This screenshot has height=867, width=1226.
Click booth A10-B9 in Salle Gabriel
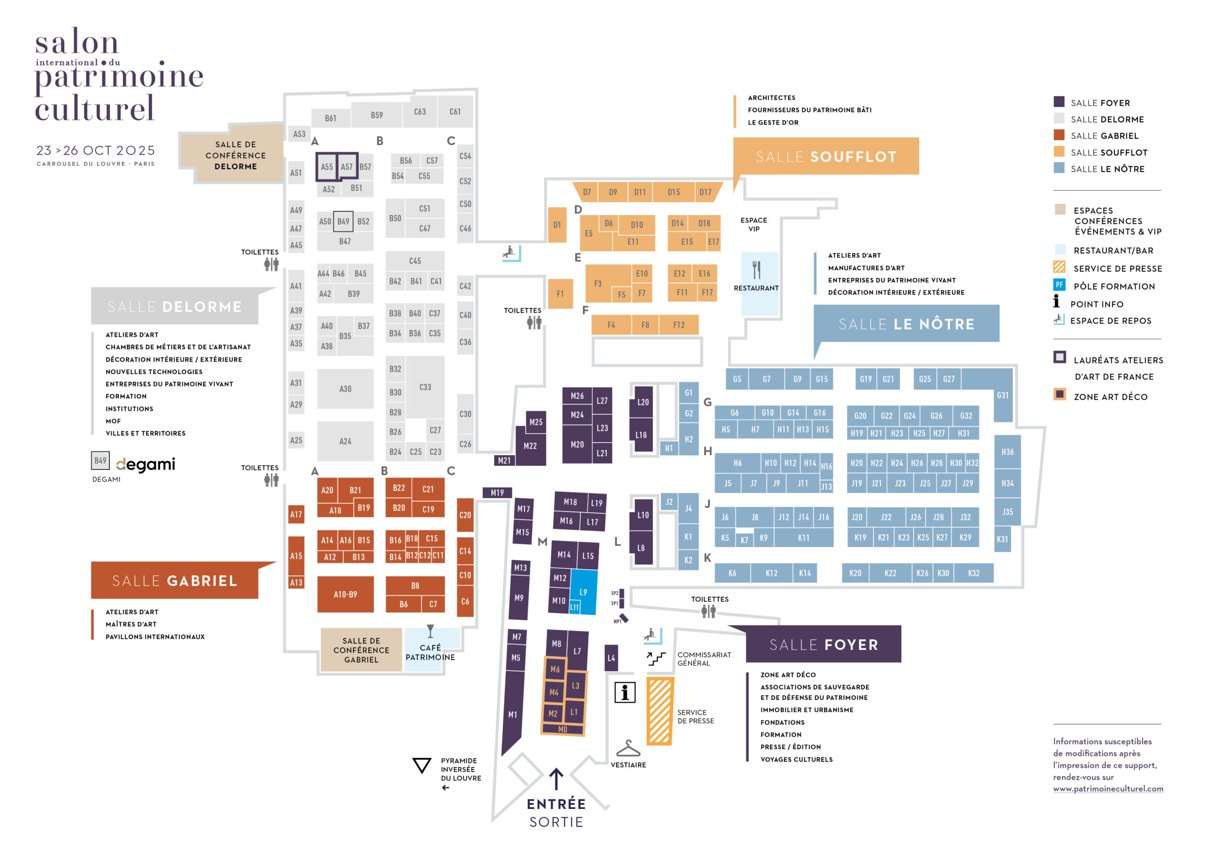(x=345, y=594)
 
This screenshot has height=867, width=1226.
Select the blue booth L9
(x=583, y=592)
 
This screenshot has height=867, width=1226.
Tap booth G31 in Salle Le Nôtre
(x=1002, y=395)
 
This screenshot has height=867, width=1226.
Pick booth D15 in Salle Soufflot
(x=673, y=192)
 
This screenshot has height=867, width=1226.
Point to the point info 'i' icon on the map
(x=625, y=692)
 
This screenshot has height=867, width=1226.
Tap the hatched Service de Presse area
(x=659, y=711)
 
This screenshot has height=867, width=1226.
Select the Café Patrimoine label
(x=430, y=652)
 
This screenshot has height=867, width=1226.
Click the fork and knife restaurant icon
(x=756, y=270)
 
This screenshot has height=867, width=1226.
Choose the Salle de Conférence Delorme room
(x=236, y=155)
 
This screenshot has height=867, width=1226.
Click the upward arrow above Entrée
(x=556, y=779)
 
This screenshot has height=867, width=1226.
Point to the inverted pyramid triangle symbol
(x=422, y=765)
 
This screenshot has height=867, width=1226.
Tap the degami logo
(x=145, y=464)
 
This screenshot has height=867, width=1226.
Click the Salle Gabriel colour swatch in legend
(x=1059, y=135)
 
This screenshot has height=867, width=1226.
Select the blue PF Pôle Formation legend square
(x=1059, y=285)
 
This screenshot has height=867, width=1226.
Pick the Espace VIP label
(x=753, y=224)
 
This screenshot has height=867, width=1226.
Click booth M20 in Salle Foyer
(x=577, y=444)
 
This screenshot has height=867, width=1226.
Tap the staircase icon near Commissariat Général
(x=656, y=658)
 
